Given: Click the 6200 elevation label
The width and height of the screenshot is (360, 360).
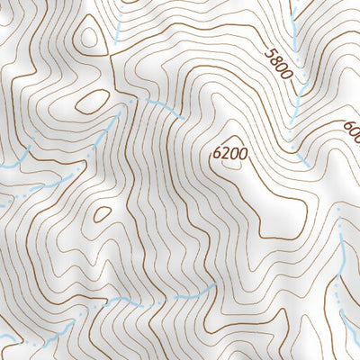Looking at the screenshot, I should click(229, 153).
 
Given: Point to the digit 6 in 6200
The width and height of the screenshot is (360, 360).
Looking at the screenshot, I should click(217, 153).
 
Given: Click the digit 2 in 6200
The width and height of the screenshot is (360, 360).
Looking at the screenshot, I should click(225, 153).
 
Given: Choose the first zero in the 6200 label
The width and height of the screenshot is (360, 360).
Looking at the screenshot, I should click(233, 153).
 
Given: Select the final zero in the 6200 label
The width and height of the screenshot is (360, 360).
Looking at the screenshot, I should click(241, 153).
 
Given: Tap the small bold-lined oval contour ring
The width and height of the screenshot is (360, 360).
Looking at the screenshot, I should click(102, 214).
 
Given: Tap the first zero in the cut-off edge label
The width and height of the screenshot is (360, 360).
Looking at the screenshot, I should click(354, 134).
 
